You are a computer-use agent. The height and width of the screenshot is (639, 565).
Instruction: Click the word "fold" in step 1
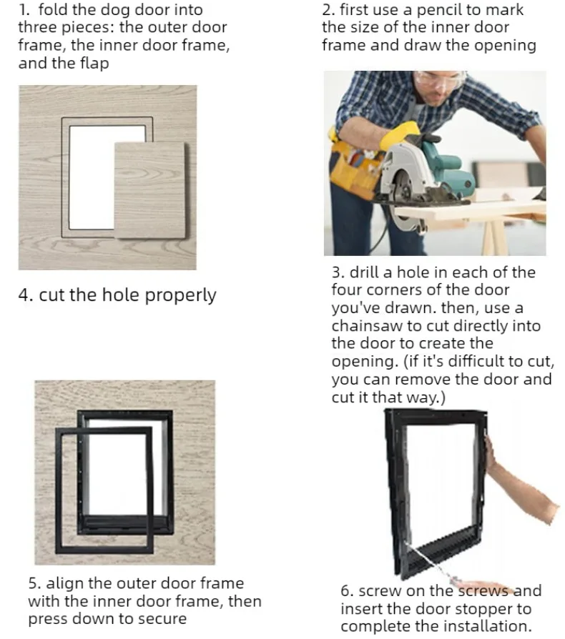point(51,9)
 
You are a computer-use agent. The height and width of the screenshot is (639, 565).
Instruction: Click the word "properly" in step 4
point(181,295)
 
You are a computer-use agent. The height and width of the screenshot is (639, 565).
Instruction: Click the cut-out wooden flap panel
point(149,190)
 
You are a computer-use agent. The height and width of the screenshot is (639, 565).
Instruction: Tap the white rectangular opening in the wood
point(92,177)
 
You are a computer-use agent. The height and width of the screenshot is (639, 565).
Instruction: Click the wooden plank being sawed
point(468,210)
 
